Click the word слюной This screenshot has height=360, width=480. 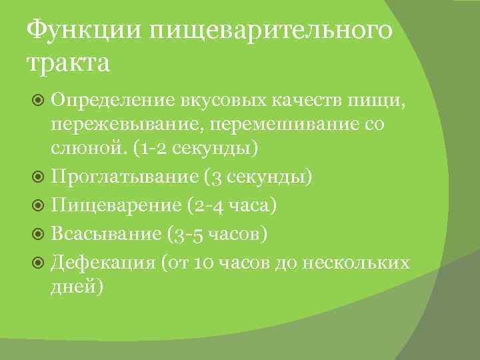click(89, 147)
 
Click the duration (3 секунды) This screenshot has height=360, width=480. click(259, 177)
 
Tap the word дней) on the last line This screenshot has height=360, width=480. click(79, 287)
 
